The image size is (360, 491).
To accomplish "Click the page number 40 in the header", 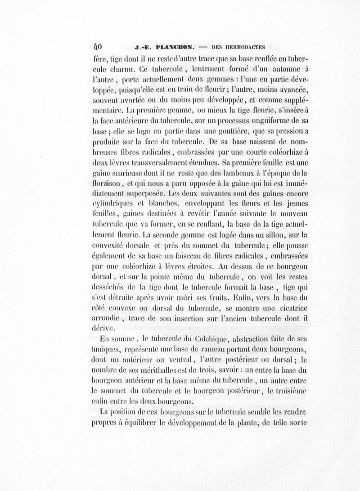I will (x=98, y=46).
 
